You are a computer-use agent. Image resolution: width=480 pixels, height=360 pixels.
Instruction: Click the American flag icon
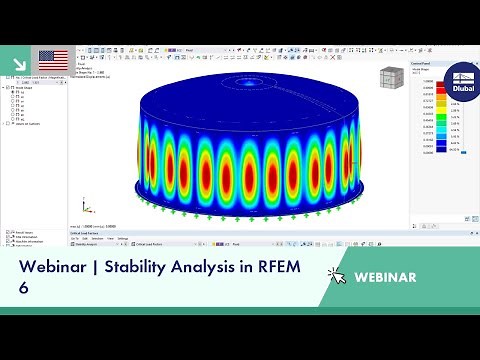point(53,59)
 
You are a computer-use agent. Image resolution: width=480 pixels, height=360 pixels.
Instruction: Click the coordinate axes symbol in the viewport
point(88,206)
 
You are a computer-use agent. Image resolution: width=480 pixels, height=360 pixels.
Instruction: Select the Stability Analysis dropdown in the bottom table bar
point(95,243)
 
